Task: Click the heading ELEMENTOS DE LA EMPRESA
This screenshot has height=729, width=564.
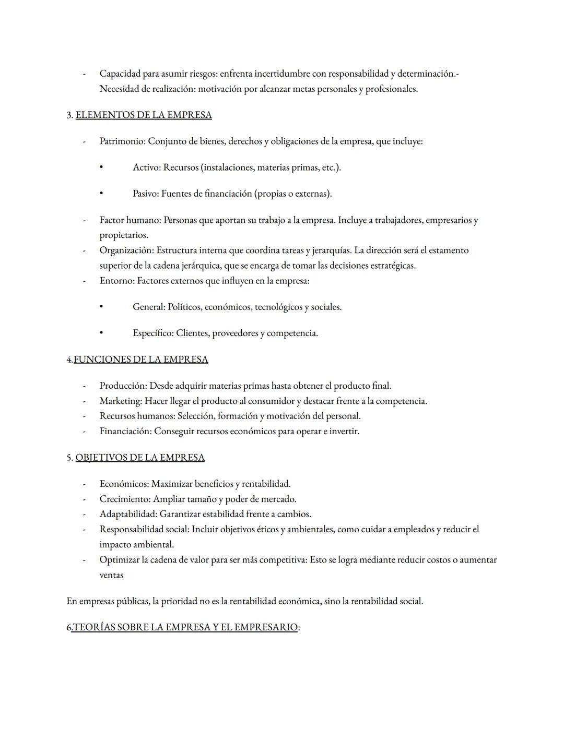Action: [144, 115]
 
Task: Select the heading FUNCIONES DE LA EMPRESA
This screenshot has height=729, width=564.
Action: [140, 359]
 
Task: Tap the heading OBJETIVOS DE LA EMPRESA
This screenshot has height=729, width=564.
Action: [140, 457]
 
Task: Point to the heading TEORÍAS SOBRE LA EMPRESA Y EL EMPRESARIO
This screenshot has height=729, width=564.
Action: [184, 627]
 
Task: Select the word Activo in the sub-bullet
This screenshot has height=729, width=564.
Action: [146, 168]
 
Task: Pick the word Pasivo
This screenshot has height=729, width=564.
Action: [145, 194]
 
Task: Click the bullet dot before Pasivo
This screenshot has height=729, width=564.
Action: [101, 194]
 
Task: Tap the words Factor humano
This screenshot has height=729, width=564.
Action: [130, 220]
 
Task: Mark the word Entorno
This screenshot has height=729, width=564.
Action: [116, 281]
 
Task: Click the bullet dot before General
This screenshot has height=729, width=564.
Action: [101, 307]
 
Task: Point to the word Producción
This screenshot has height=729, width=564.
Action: [123, 386]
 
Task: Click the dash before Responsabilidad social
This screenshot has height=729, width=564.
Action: [84, 529]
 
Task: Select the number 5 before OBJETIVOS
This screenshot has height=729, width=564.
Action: [69, 458]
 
